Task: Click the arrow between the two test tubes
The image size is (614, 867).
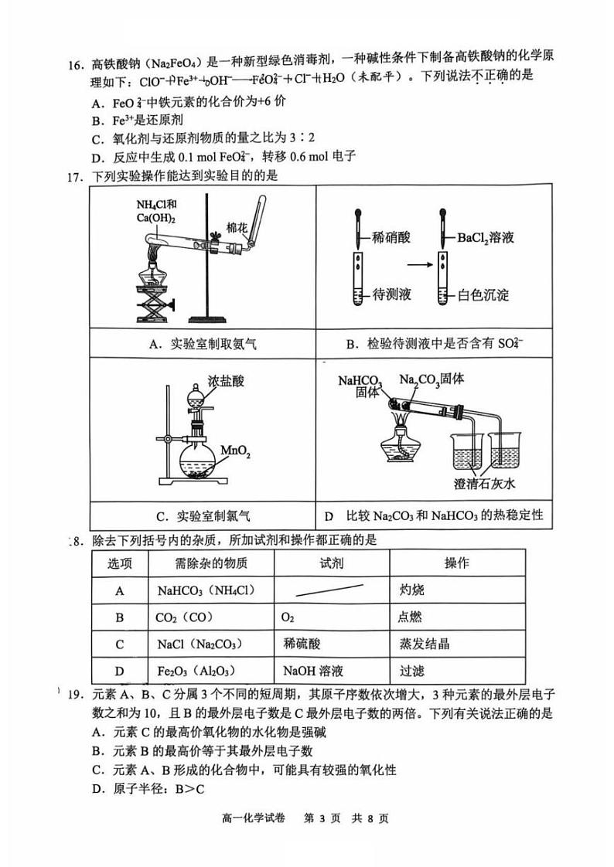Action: coord(418,265)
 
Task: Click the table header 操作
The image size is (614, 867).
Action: coord(456,563)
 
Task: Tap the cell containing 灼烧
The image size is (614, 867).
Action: coord(412,590)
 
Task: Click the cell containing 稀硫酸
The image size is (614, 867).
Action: coord(302,644)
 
